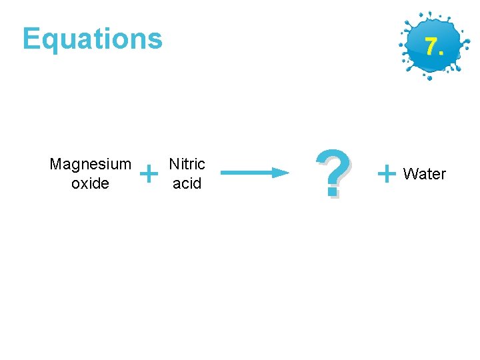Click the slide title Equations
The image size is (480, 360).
point(92,39)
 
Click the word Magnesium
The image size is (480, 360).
point(90,164)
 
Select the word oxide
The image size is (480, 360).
point(90,183)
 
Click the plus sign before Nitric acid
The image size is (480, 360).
point(151,175)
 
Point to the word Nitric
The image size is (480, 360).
point(187,164)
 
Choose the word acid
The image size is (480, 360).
point(187,183)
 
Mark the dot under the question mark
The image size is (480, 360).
point(331,193)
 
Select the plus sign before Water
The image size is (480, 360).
point(386,174)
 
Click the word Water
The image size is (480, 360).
point(425,174)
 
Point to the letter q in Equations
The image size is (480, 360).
point(51,41)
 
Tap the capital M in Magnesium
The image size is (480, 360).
point(55,164)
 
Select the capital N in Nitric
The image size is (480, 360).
point(174,164)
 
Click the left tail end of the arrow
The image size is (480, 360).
point(223,173)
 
